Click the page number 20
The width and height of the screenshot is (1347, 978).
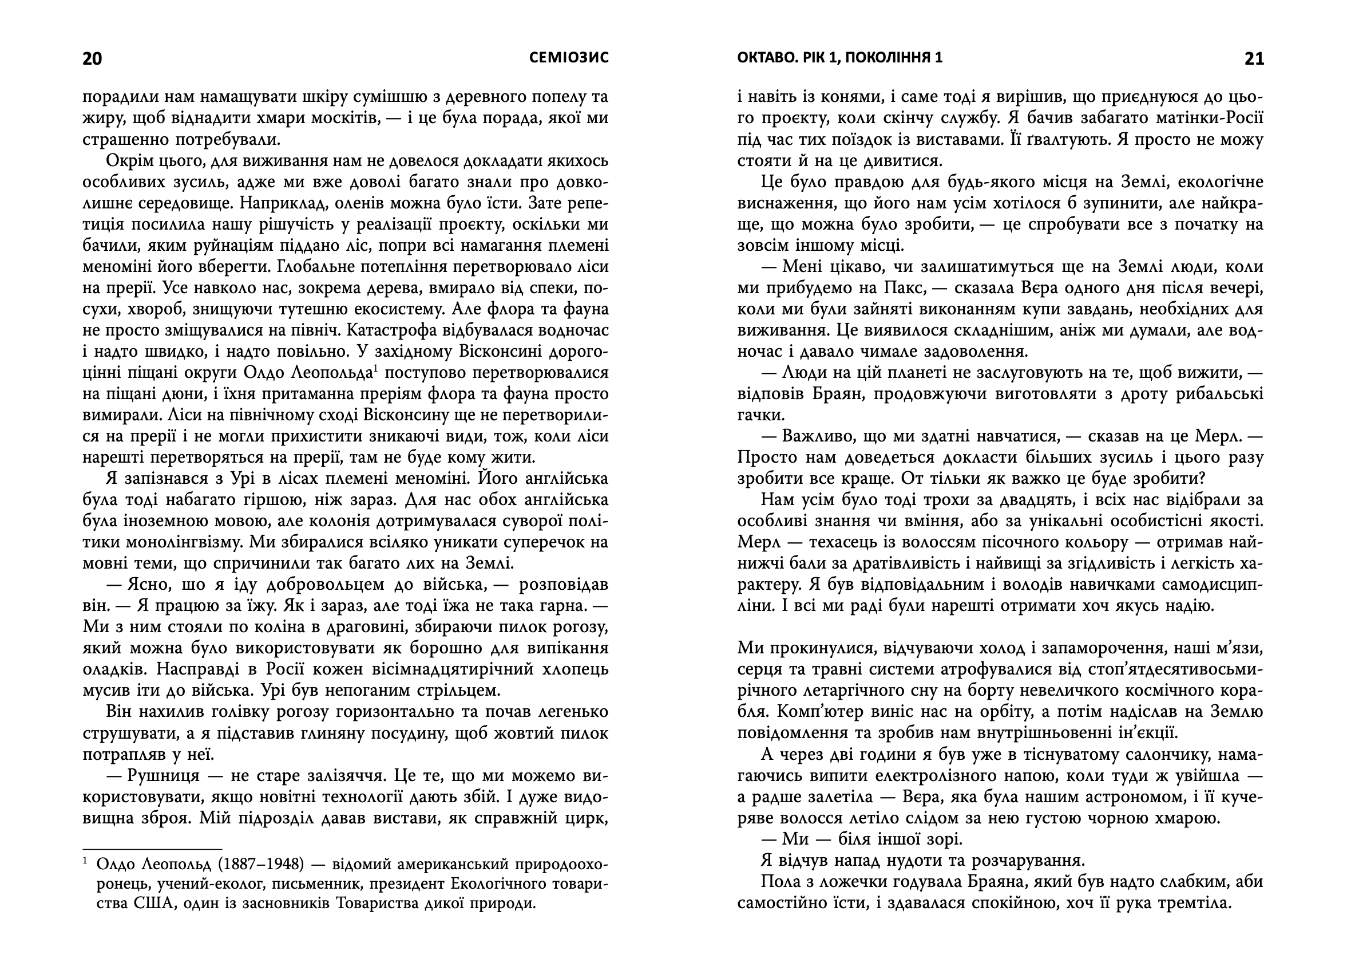(92, 59)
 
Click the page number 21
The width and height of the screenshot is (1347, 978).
(1254, 59)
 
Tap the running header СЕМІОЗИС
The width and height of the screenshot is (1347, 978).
(569, 58)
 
